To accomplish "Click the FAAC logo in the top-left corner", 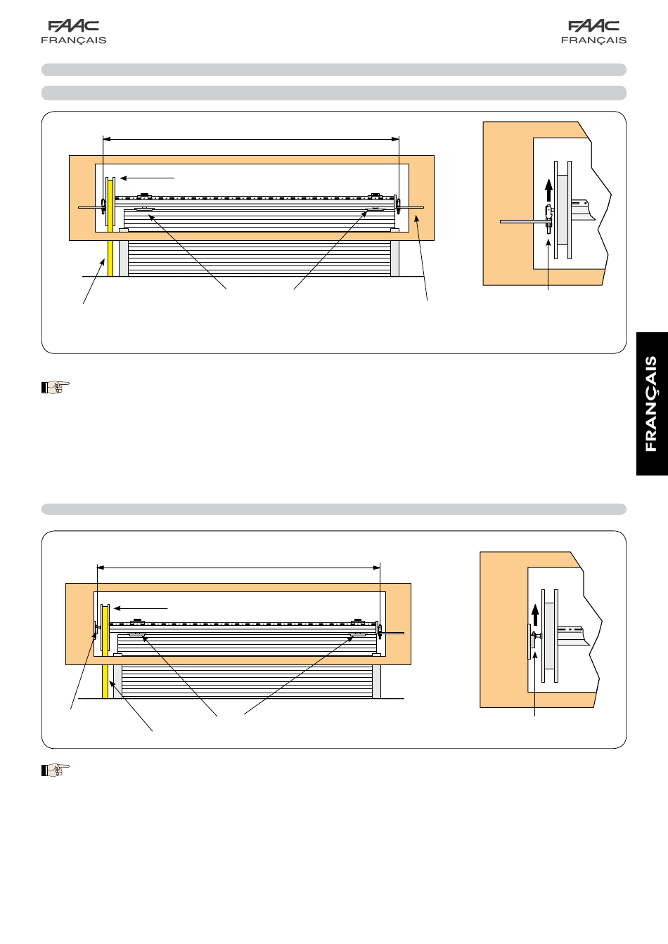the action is point(73,26).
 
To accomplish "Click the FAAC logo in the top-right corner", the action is point(593,26).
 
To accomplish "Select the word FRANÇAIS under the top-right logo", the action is point(593,41).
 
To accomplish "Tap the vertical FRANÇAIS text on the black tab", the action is point(651,404).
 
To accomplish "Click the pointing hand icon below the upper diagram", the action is point(56,387).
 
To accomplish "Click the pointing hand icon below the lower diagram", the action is point(56,770).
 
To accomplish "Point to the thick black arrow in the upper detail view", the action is point(548,190).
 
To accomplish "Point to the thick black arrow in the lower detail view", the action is point(535,615).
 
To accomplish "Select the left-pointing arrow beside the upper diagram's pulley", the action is point(147,178).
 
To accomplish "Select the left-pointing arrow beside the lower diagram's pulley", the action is point(141,608).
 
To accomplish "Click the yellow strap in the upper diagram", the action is point(110,228).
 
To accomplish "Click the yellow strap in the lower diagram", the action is point(105,652).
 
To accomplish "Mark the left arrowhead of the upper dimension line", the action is point(107,139).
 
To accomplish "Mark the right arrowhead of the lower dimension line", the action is point(376,568).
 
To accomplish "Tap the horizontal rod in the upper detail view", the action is point(524,221).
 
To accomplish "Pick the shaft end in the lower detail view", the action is point(573,636).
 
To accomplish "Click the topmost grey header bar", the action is point(334,70).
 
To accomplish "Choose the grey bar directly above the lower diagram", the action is point(334,509).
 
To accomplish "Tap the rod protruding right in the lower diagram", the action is point(393,633).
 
